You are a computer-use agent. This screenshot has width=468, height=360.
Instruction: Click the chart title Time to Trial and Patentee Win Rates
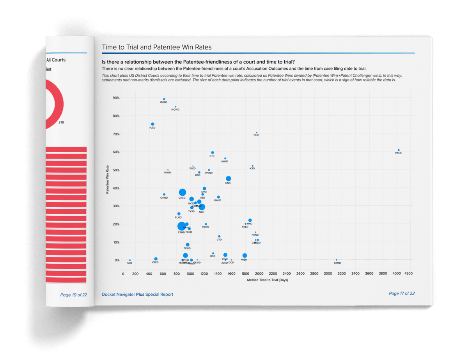point(156,48)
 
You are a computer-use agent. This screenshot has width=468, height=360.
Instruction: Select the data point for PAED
point(399,150)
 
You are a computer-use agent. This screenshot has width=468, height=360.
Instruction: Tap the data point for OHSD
point(164,99)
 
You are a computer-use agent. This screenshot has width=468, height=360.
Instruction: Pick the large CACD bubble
point(182,192)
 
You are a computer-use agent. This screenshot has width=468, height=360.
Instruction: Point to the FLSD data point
point(152,124)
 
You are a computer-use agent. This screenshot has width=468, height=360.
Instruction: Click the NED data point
point(256,132)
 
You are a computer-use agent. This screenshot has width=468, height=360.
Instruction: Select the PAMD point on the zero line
point(337,260)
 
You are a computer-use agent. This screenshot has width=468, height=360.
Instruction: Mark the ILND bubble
point(229,179)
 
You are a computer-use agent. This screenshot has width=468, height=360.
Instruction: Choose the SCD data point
point(130,260)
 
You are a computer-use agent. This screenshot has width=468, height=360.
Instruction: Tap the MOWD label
point(175,110)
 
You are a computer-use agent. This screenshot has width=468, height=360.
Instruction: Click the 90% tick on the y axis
point(115,98)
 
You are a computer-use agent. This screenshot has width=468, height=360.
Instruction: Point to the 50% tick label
point(115,170)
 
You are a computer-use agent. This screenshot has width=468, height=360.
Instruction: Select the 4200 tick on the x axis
point(409,274)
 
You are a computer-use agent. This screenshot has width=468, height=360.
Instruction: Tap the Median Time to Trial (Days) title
point(267,281)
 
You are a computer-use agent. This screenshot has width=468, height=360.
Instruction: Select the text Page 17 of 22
point(401,293)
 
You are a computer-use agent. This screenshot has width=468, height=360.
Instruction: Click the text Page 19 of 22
point(73,295)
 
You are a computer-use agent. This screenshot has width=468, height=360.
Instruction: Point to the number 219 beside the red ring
point(61,122)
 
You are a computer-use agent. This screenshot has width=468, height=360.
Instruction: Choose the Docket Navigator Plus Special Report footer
point(137,295)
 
